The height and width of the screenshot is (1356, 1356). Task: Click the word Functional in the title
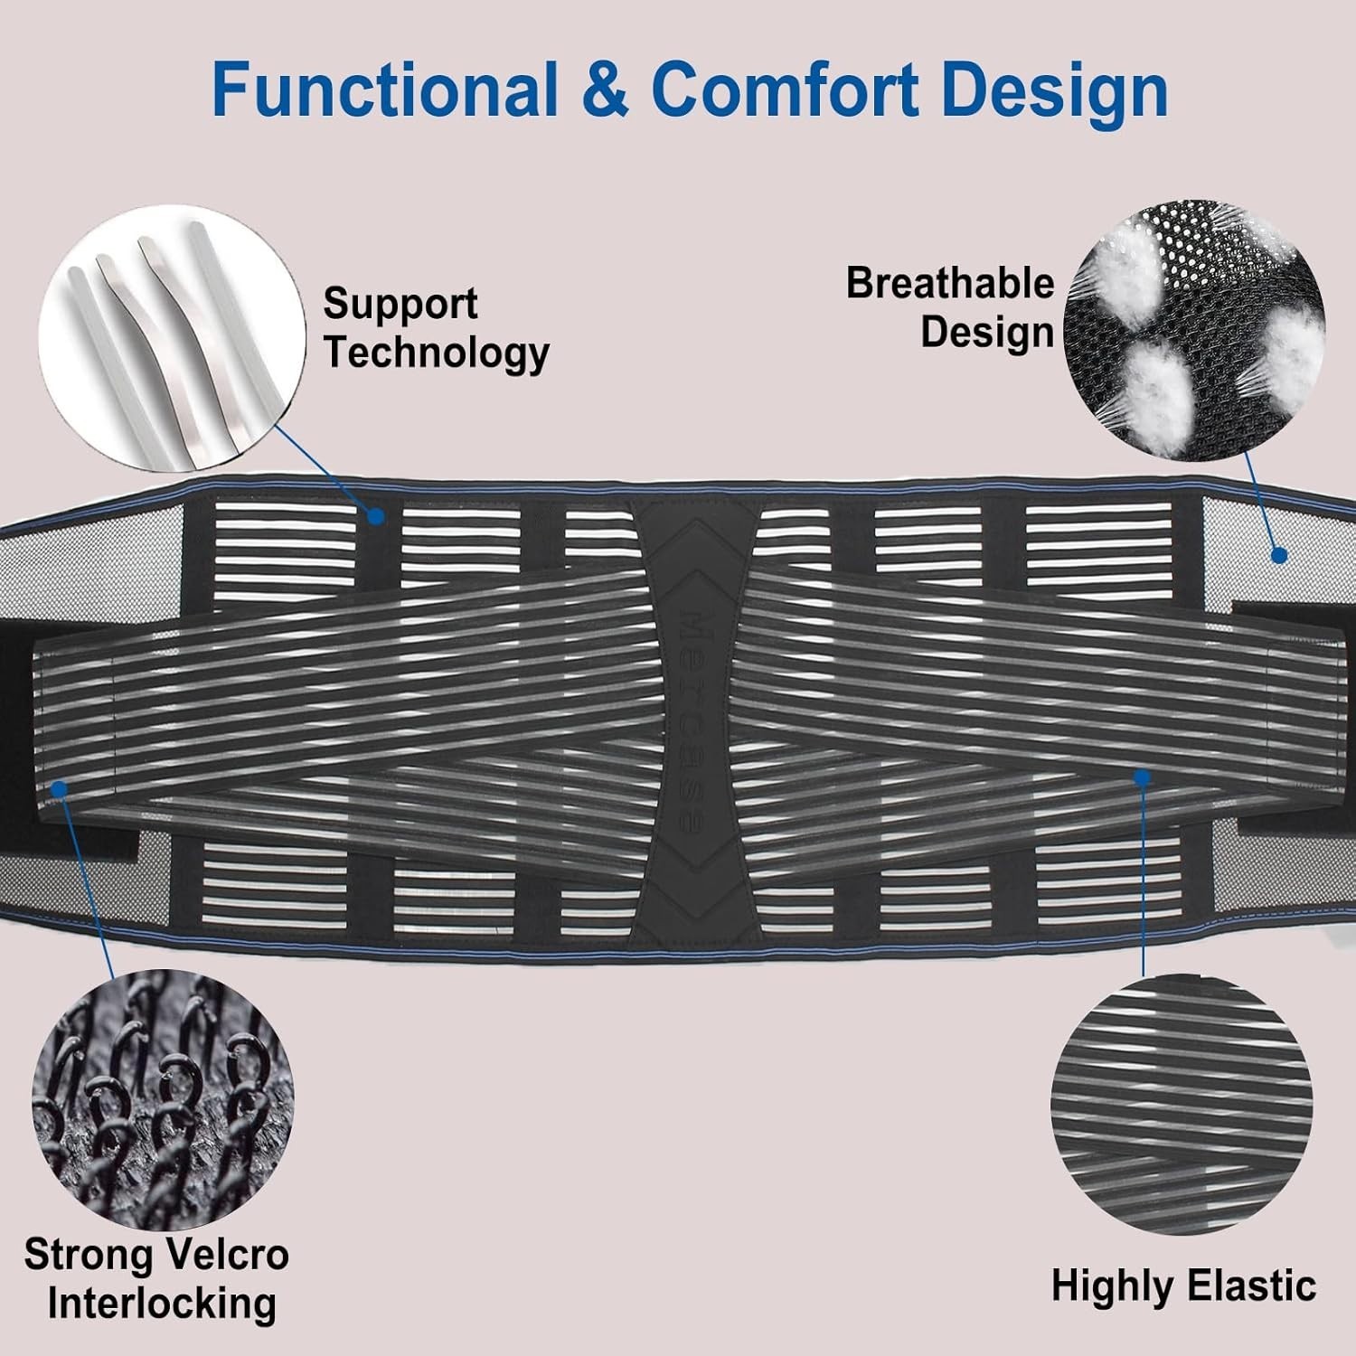[384, 90]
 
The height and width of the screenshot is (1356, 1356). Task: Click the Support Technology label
[437, 328]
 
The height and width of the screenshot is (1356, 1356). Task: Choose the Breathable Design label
[950, 308]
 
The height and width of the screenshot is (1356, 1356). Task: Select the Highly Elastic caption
[1183, 1285]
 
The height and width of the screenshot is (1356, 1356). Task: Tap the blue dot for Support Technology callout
[377, 516]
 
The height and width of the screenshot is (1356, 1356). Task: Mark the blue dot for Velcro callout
[60, 789]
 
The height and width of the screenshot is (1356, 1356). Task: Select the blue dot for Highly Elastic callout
[1143, 776]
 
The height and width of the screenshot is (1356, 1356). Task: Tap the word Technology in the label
[437, 353]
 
